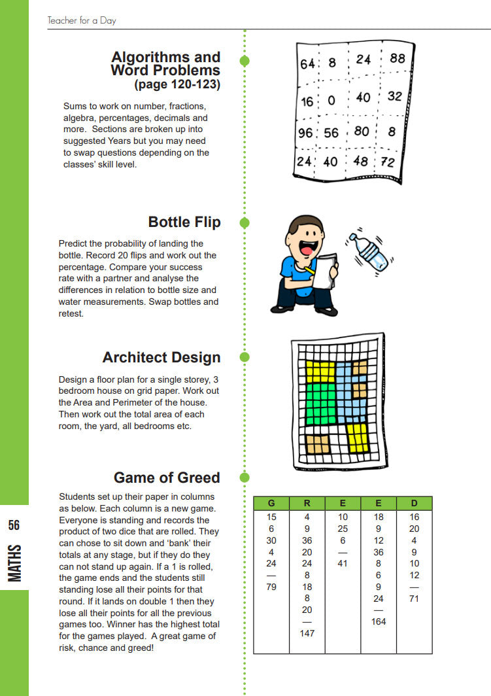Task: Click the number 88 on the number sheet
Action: pyautogui.click(x=397, y=59)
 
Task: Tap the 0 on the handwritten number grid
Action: pyautogui.click(x=331, y=101)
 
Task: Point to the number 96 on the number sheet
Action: pyautogui.click(x=305, y=133)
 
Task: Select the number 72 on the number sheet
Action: pyautogui.click(x=388, y=162)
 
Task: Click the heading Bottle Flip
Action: pyautogui.click(x=184, y=222)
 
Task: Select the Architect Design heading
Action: pyautogui.click(x=161, y=358)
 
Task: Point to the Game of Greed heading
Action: pyautogui.click(x=167, y=478)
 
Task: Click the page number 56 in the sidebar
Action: pyautogui.click(x=14, y=525)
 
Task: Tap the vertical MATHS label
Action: pyautogui.click(x=14, y=562)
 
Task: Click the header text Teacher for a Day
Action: pyautogui.click(x=82, y=21)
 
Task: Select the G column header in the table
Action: pyautogui.click(x=271, y=503)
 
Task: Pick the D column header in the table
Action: pyautogui.click(x=414, y=503)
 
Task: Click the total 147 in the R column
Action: pyautogui.click(x=307, y=633)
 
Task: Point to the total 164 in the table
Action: pyautogui.click(x=379, y=621)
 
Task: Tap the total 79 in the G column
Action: pyautogui.click(x=271, y=587)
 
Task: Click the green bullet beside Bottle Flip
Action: pyautogui.click(x=245, y=222)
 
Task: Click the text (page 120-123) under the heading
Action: pyautogui.click(x=177, y=84)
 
